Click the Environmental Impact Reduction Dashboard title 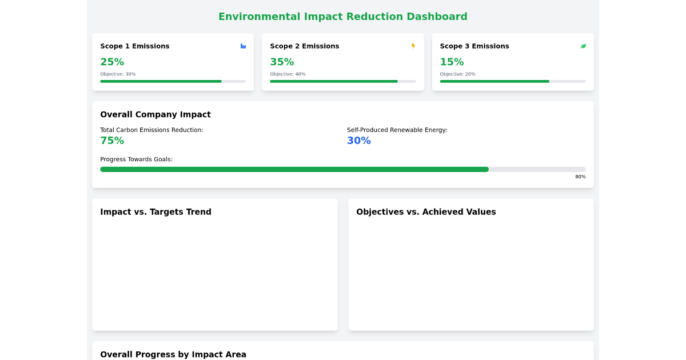pos(343,17)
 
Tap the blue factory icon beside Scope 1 pos(243,46)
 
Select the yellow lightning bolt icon pos(413,46)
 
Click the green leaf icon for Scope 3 pos(583,46)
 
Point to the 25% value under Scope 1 pos(112,62)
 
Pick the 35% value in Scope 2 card pos(282,62)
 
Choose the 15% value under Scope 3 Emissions pos(452,62)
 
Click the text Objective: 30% pos(118,74)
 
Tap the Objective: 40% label pos(288,74)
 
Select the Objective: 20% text pos(457,74)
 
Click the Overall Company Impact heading pos(155,114)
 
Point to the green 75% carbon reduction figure pos(112,141)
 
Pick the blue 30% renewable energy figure pos(359,141)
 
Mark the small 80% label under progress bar pos(580,177)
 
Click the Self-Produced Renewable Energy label pos(397,130)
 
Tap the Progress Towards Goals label pos(136,159)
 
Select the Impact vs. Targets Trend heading pos(155,212)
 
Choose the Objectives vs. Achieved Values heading pos(426,212)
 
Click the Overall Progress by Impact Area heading pos(173,354)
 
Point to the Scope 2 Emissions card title pos(305,46)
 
